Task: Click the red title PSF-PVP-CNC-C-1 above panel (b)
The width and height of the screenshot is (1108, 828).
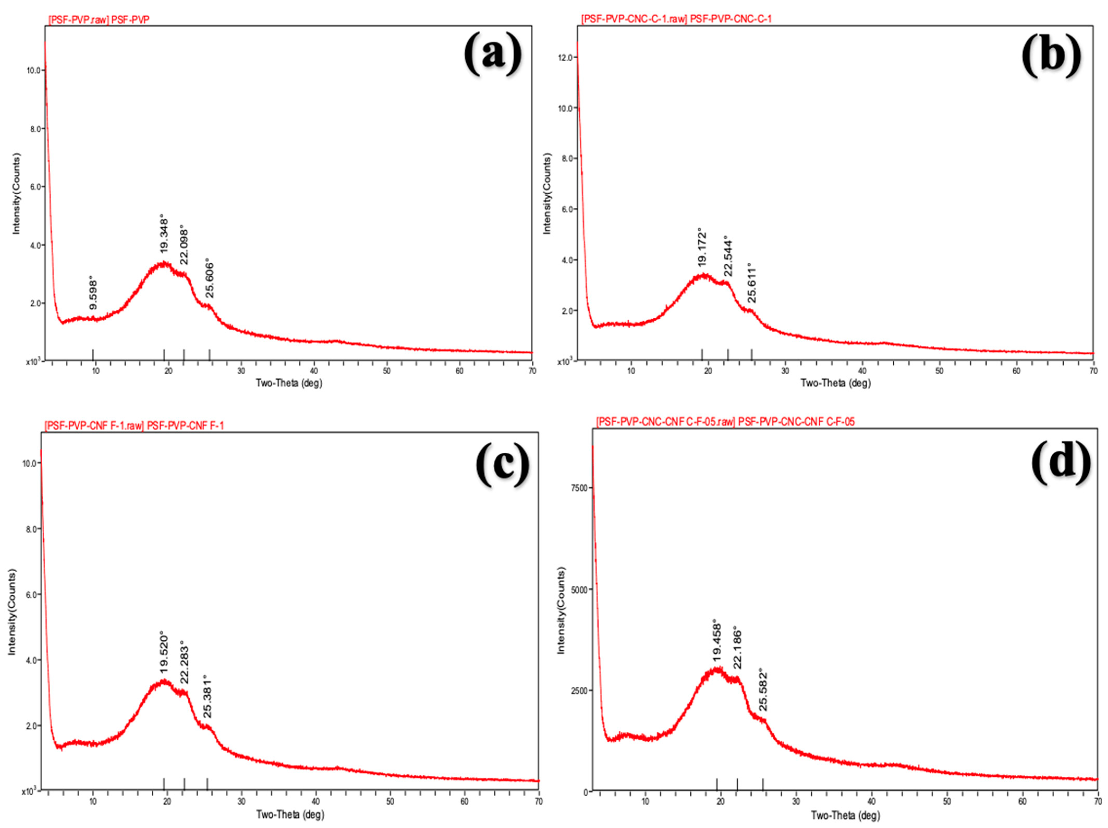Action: [x=676, y=19]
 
